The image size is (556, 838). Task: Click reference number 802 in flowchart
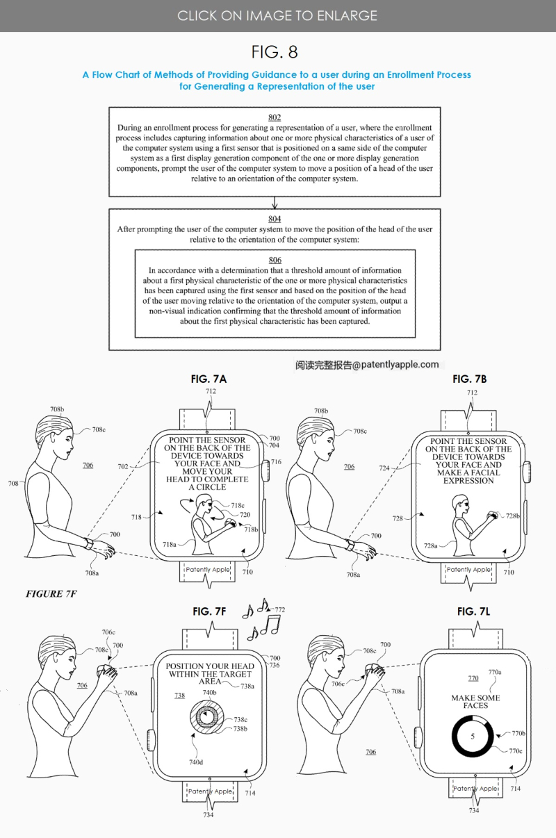pyautogui.click(x=275, y=117)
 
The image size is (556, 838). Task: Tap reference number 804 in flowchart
pyautogui.click(x=275, y=219)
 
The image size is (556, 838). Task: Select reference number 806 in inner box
pyautogui.click(x=275, y=260)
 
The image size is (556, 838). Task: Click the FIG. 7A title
pyautogui.click(x=208, y=379)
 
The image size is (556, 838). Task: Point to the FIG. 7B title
pyautogui.click(x=470, y=379)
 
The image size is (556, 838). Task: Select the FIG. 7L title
pyautogui.click(x=474, y=611)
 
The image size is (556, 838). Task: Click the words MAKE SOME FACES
pyautogui.click(x=475, y=702)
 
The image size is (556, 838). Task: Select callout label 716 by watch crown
pyautogui.click(x=277, y=462)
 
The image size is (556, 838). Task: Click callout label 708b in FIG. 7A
pyautogui.click(x=56, y=411)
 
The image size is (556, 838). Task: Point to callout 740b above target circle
pyautogui.click(x=209, y=693)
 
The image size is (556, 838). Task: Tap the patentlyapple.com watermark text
pyautogui.click(x=367, y=364)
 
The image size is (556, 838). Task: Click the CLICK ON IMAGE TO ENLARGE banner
pyautogui.click(x=277, y=15)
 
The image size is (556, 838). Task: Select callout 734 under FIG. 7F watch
pyautogui.click(x=208, y=814)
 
